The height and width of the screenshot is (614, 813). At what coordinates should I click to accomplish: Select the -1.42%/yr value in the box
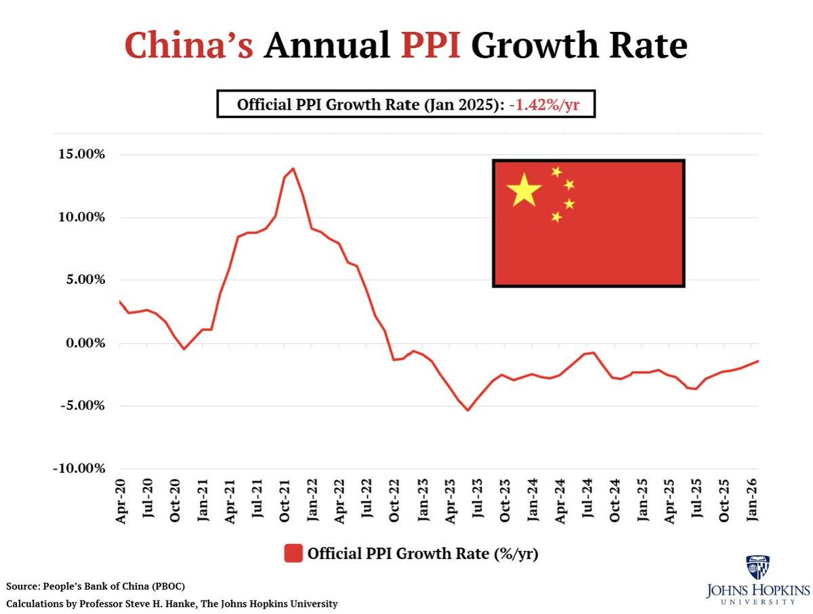548,105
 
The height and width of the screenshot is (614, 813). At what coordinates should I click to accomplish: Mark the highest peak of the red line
293,168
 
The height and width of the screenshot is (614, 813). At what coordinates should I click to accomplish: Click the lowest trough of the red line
467,410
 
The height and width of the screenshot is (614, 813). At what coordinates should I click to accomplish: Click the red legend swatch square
293,553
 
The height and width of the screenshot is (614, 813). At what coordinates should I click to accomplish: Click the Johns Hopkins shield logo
757,567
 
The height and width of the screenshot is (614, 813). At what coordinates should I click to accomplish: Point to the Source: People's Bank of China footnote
96,586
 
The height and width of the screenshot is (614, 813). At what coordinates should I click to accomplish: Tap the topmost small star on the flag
557,171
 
